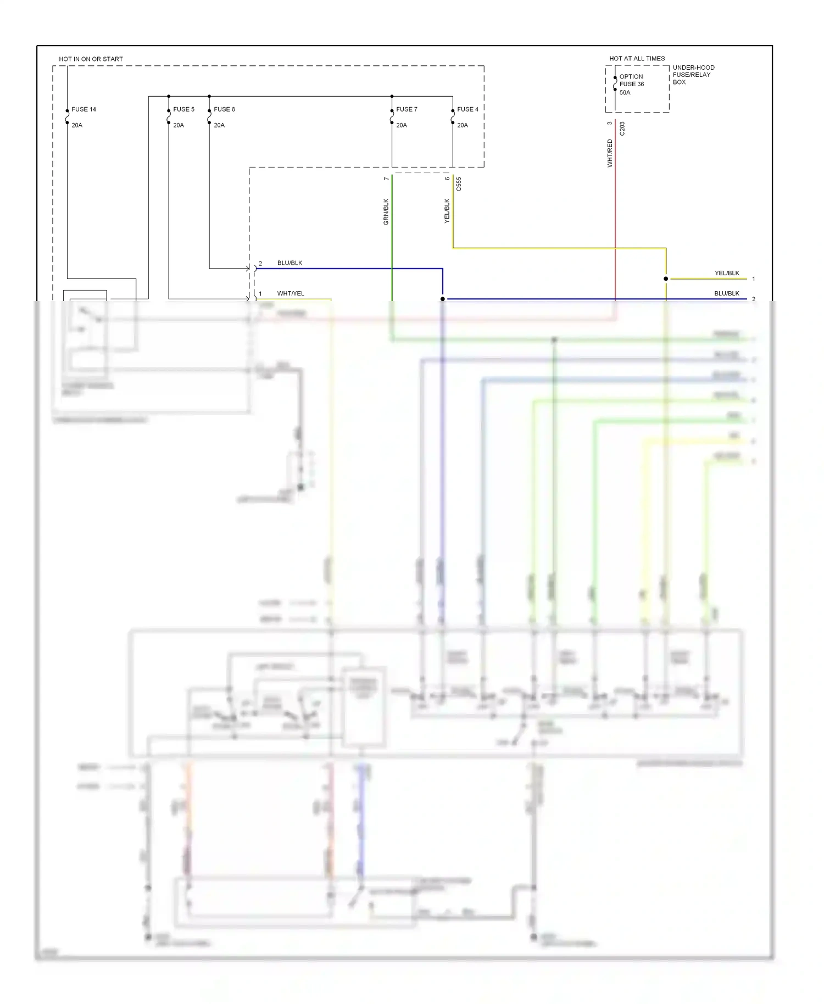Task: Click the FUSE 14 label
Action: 83,109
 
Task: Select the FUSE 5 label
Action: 183,109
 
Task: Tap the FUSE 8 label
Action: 224,109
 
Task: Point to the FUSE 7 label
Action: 407,109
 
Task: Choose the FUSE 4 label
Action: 467,109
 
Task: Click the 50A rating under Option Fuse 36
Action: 625,92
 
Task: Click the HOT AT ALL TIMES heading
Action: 637,58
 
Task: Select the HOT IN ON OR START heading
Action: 91,59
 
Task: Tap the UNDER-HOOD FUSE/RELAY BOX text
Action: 693,75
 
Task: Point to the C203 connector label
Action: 622,129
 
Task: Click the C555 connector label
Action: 459,184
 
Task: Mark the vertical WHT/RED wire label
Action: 610,153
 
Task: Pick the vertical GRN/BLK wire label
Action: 386,212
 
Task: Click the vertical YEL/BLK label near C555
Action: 447,211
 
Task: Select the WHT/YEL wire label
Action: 291,293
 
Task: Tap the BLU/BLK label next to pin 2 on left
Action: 289,263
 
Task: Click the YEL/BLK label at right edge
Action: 727,273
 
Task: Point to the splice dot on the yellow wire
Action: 666,279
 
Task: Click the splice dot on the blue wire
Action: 443,299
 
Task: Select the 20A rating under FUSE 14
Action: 77,125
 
